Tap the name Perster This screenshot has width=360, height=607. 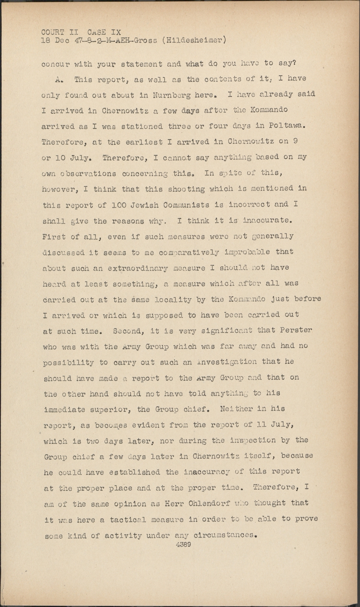[x=296, y=330]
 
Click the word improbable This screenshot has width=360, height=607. [x=247, y=252]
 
